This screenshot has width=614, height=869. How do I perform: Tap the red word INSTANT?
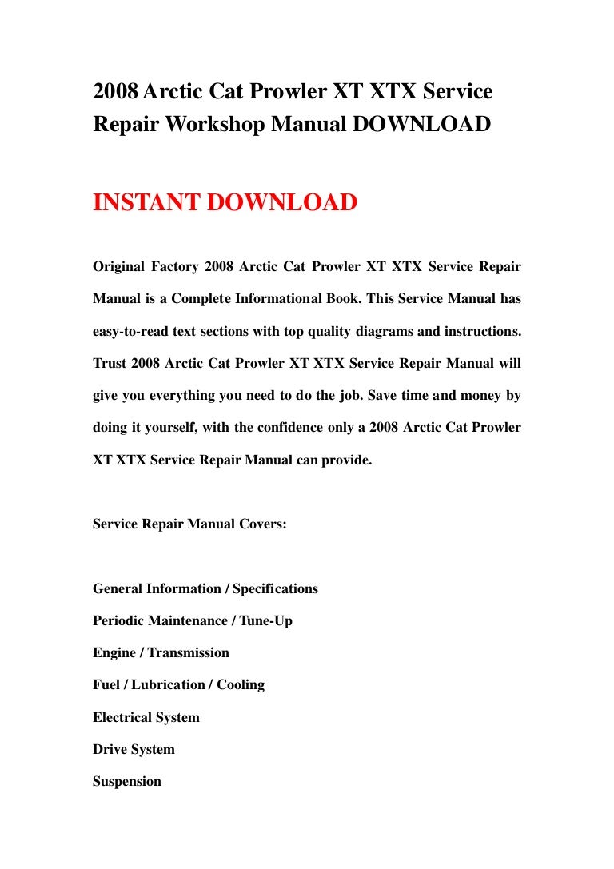[x=147, y=202]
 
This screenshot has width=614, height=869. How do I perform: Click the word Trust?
[x=109, y=363]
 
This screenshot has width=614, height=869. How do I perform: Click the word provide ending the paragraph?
[x=345, y=460]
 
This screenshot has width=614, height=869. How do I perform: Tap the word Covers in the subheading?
[x=257, y=524]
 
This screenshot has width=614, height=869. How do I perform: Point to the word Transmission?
[x=189, y=652]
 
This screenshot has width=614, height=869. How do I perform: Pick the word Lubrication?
[x=169, y=684]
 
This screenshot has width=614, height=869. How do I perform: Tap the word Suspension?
[x=127, y=781]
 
